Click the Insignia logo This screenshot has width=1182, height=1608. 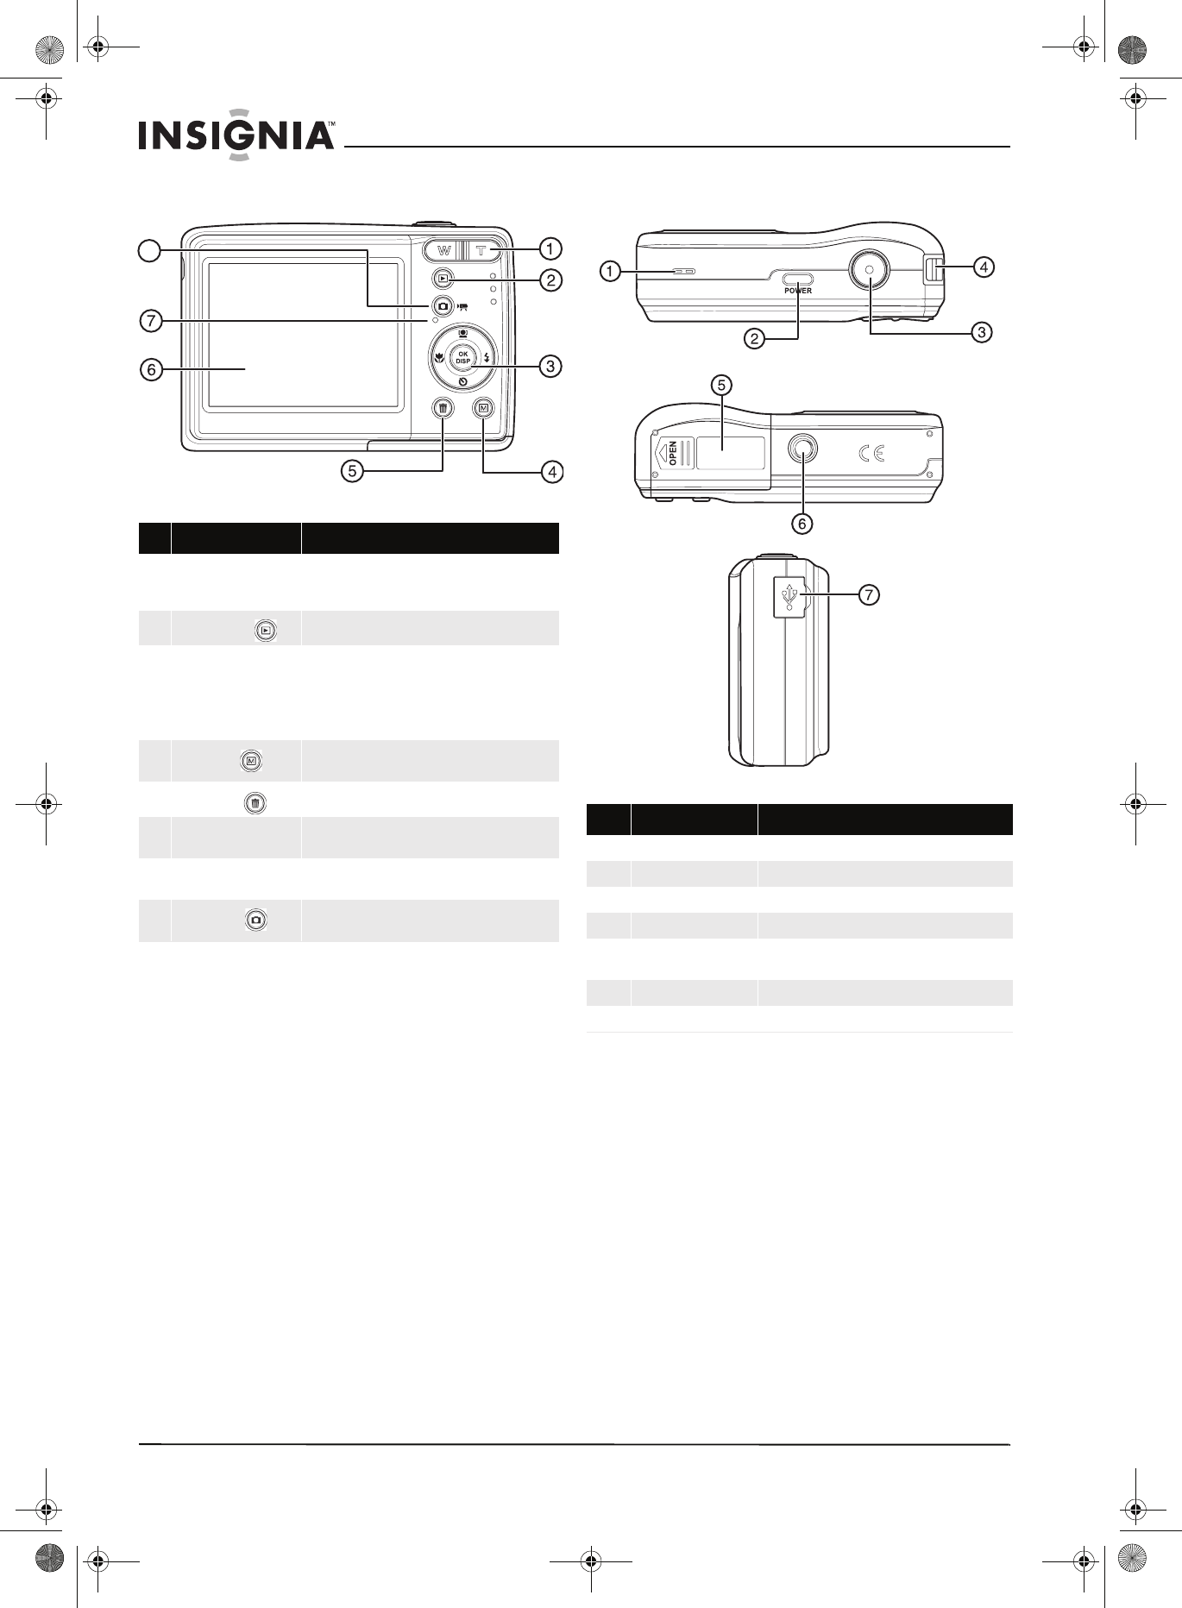pyautogui.click(x=236, y=135)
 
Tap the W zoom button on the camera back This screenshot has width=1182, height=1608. pyautogui.click(x=443, y=251)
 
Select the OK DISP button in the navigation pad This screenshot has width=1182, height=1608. pyautogui.click(x=463, y=357)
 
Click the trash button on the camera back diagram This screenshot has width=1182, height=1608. pyautogui.click(x=443, y=408)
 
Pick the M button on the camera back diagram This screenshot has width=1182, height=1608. pyautogui.click(x=483, y=408)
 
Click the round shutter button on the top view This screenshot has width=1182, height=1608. pyautogui.click(x=870, y=270)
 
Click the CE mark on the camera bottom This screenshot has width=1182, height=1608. pyautogui.click(x=871, y=454)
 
